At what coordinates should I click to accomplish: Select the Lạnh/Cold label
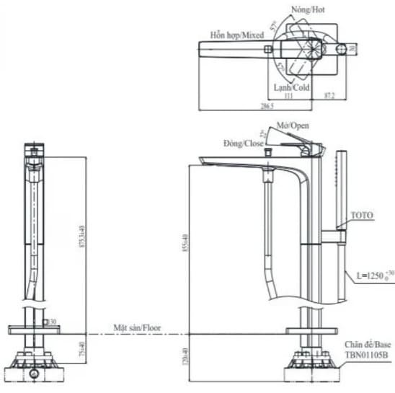[x=291, y=87]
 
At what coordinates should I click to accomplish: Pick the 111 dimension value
[x=289, y=95]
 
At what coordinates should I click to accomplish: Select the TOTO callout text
[x=362, y=216]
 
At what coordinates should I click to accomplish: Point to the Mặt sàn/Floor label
[x=136, y=328]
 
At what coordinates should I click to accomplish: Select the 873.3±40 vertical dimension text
[x=84, y=237]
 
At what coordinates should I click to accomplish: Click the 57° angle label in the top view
[x=274, y=26]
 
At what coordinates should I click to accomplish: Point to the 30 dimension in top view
[x=353, y=48]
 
